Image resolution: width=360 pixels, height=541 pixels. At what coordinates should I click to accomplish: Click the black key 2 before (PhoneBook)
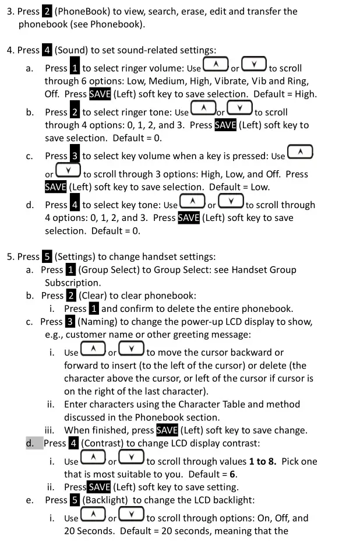tap(47, 12)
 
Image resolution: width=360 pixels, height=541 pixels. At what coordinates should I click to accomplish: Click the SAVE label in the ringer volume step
tap(100, 94)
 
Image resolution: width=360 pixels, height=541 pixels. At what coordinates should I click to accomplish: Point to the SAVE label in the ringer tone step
tap(225, 125)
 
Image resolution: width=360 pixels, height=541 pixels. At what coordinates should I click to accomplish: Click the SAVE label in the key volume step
tap(56, 187)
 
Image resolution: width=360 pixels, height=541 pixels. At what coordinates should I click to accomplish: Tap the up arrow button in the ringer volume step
tap(216, 64)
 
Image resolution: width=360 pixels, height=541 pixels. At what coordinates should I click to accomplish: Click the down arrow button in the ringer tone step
tap(239, 108)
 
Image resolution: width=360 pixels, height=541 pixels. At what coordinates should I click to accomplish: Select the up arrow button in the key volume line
tap(300, 152)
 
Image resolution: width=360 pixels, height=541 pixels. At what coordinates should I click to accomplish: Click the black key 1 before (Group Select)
tap(70, 270)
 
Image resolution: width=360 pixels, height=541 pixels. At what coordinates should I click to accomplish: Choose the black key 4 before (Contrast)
tap(74, 443)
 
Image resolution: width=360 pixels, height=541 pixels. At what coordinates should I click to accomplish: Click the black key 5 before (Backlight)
tap(75, 500)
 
